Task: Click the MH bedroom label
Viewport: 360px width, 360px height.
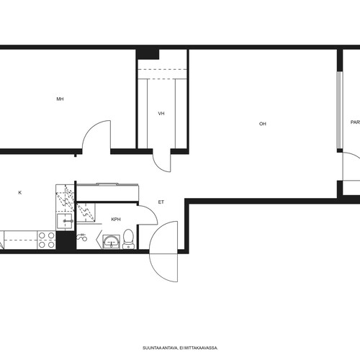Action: pyautogui.click(x=60, y=99)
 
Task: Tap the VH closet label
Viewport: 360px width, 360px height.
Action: pyautogui.click(x=161, y=114)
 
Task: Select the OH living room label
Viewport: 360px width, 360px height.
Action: pyautogui.click(x=263, y=124)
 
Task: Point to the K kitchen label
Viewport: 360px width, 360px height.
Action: pyautogui.click(x=20, y=192)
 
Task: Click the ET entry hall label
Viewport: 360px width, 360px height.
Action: pyautogui.click(x=161, y=202)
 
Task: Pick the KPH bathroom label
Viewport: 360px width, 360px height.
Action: pyautogui.click(x=116, y=220)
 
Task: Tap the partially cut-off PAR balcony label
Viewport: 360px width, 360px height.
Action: pyautogui.click(x=356, y=122)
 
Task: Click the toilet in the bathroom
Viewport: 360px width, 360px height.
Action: pyautogui.click(x=129, y=239)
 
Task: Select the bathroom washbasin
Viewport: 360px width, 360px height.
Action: pyautogui.click(x=111, y=242)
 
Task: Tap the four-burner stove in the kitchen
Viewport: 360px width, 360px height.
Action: pyautogui.click(x=47, y=240)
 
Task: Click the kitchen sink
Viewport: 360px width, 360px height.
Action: pyautogui.click(x=65, y=221)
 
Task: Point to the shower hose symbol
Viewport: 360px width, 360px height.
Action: pyautogui.click(x=81, y=238)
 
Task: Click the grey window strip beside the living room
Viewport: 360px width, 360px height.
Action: pyautogui.click(x=339, y=110)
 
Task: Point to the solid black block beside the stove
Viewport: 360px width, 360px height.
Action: pyautogui.click(x=66, y=240)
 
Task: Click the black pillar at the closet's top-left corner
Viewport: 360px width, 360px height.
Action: pyautogui.click(x=148, y=54)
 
